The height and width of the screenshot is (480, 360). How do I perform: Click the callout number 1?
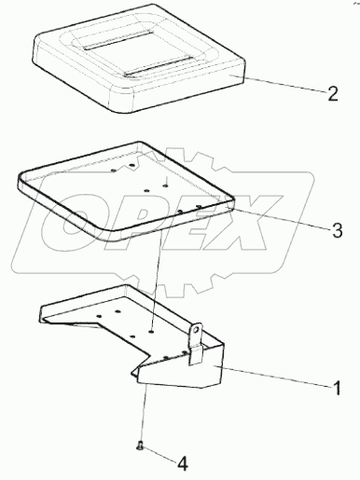pyautogui.click(x=336, y=388)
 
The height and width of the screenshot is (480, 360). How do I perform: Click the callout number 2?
pyautogui.click(x=332, y=93)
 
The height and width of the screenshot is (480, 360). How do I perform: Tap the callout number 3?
pyautogui.click(x=337, y=230)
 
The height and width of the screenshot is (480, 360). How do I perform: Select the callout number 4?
pyautogui.click(x=183, y=464)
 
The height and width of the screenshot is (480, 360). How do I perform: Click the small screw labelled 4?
pyautogui.click(x=140, y=446)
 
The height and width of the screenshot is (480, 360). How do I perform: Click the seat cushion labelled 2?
pyautogui.click(x=139, y=58)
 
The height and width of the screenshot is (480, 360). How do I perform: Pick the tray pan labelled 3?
pyautogui.click(x=126, y=191)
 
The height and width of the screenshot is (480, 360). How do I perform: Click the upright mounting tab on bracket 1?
pyautogui.click(x=196, y=344)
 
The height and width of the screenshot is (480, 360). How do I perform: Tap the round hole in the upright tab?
pyautogui.click(x=196, y=330)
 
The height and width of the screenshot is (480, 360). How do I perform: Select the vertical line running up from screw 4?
pyautogui.click(x=143, y=414)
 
